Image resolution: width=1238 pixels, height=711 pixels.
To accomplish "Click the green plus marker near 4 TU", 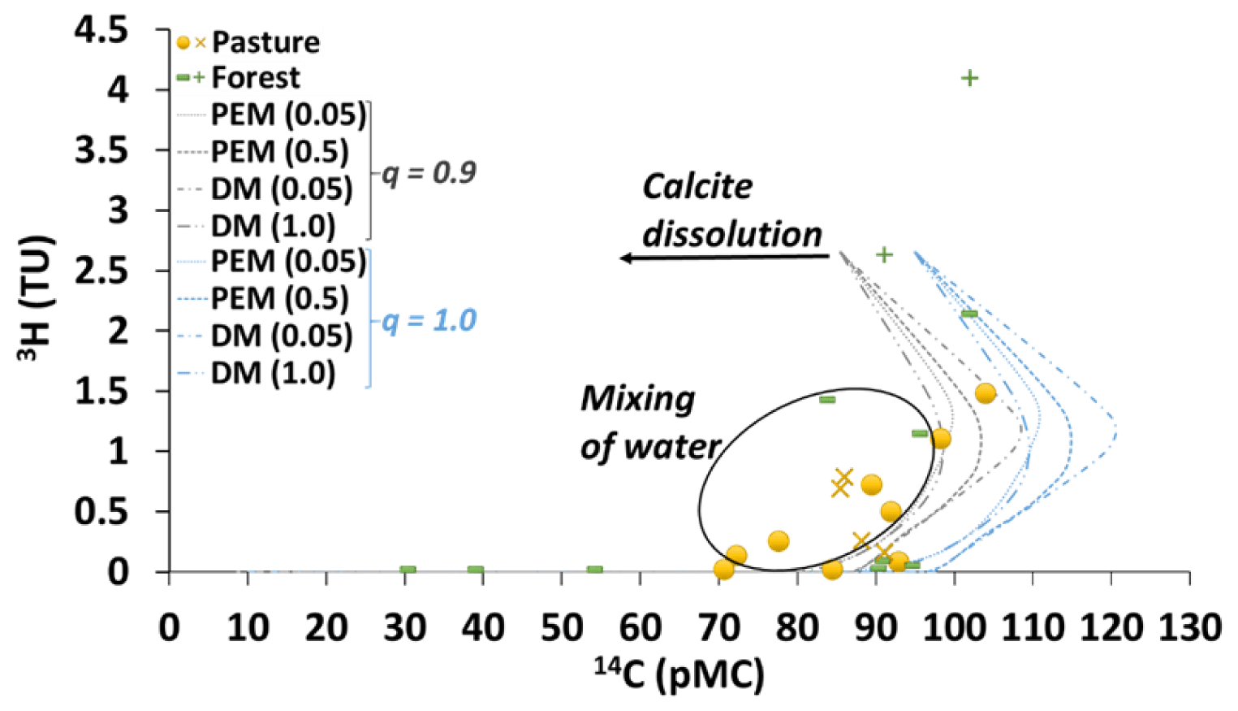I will pos(969,78).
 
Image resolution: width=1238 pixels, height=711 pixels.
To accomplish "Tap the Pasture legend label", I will pos(265,42).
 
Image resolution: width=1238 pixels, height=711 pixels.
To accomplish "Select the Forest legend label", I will pos(256,78).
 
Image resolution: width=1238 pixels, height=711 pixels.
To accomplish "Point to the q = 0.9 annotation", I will pos(429,172).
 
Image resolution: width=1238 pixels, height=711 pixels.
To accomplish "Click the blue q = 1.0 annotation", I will pos(429,320).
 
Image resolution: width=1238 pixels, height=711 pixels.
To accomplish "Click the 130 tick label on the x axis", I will pos(1190,628).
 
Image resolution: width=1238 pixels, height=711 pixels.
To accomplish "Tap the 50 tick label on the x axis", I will pos(561,628).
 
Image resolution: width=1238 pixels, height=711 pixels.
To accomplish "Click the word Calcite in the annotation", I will pos(697,187).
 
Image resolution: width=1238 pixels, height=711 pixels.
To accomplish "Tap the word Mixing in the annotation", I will pos(638,399).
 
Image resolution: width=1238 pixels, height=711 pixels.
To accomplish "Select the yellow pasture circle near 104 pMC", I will pos(985,393).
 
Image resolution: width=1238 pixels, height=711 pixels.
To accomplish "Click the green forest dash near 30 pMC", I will pos(408,570).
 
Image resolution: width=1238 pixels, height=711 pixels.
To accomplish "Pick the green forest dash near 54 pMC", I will pos(594,570).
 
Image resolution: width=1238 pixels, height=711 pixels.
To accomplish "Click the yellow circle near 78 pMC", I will pos(778,541).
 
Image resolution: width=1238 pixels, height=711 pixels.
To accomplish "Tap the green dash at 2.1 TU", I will pos(968,314).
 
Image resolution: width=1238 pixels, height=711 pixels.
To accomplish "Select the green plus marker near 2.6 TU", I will pos(884,255).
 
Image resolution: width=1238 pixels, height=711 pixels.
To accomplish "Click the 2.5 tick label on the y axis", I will pos(101,271).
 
